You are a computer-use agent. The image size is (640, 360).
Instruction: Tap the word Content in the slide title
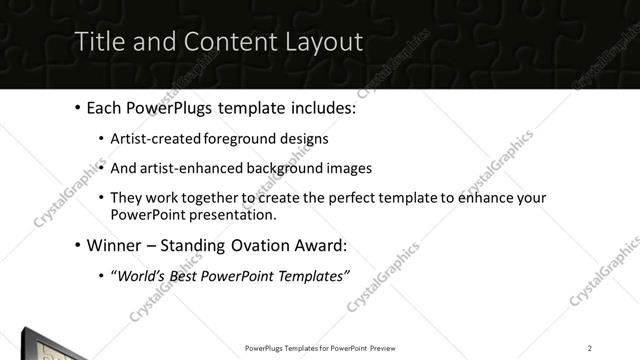pyautogui.click(x=214, y=43)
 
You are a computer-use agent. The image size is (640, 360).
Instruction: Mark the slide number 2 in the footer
pyautogui.click(x=590, y=348)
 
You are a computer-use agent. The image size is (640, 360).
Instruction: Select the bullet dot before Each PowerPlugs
pyautogui.click(x=78, y=108)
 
